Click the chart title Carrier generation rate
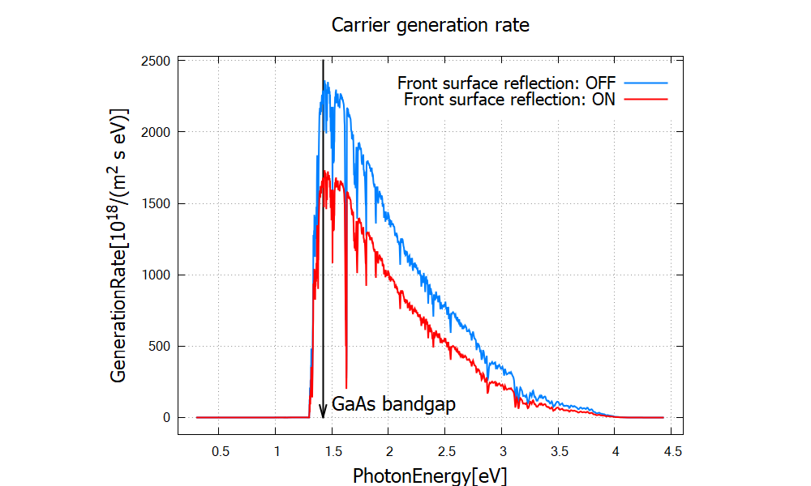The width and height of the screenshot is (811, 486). point(430,25)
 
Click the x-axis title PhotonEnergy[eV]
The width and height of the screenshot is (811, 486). point(430,475)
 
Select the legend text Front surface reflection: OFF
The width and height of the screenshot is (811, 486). point(506,83)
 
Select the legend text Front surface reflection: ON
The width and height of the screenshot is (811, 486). point(509,100)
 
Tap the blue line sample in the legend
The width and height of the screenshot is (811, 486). point(645,83)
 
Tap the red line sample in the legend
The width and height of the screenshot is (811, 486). point(645,100)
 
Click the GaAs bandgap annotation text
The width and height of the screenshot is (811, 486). point(393,403)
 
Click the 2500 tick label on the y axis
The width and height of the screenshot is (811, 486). point(154,61)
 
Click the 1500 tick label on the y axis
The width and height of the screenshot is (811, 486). point(154,203)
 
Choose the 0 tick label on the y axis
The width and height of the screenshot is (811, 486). point(165,417)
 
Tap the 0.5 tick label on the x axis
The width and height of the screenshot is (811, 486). point(220,450)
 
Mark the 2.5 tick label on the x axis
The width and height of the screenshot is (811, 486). point(445,450)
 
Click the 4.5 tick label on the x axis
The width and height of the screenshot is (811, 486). point(671,450)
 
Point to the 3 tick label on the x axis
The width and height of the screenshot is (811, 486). point(502,450)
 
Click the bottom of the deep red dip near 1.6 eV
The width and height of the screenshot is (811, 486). point(346,387)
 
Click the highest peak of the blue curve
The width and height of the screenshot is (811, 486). point(326,81)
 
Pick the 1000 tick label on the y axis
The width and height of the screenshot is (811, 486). point(154,275)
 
